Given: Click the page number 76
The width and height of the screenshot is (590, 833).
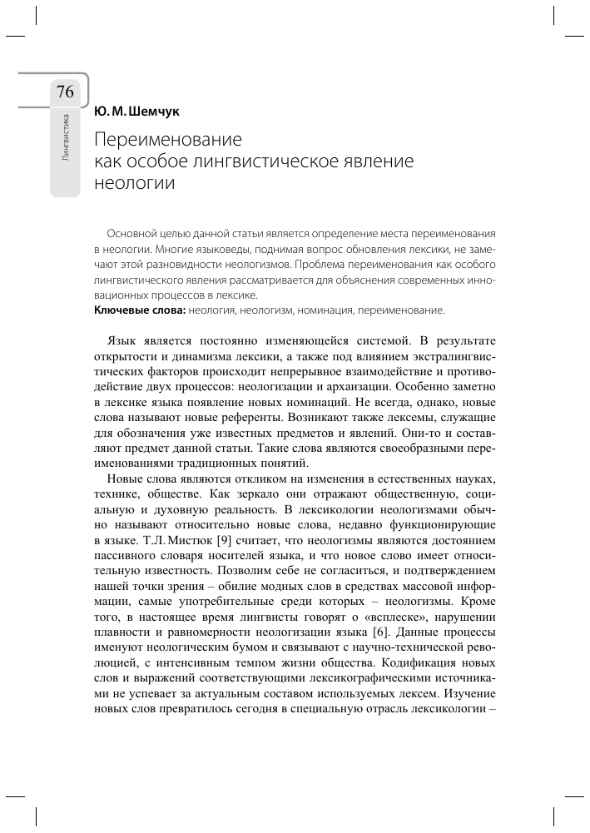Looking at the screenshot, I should click(65, 92).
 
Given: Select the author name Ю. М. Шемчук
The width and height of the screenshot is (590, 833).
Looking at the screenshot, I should click(136, 111).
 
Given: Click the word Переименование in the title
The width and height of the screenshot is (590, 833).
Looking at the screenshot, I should click(166, 138).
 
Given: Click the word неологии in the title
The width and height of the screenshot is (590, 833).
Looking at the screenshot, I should click(134, 183).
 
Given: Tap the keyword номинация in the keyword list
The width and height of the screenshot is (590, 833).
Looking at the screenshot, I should click(350, 310).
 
